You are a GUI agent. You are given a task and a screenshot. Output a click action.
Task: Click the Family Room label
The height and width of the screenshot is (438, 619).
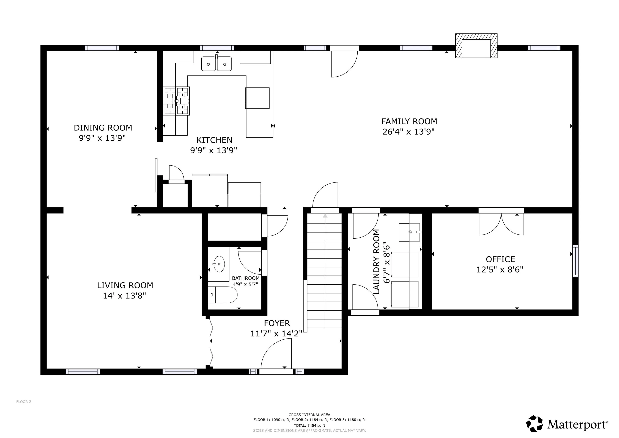(x=409, y=121)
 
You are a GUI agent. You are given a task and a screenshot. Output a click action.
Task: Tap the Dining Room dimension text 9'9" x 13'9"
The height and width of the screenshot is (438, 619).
(x=103, y=138)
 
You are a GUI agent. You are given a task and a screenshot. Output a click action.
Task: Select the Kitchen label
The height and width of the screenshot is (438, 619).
(x=214, y=140)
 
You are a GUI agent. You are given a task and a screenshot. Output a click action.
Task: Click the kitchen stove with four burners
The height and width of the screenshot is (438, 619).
(x=176, y=101)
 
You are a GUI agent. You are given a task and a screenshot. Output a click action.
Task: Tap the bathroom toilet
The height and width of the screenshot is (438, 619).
(x=223, y=295)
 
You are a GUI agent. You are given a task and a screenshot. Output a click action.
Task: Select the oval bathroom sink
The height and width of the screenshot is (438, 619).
(x=219, y=264)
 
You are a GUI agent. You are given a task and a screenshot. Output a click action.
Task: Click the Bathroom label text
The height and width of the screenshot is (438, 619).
(x=246, y=278)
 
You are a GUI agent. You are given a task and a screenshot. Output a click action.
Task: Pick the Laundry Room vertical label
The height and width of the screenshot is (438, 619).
(x=376, y=261)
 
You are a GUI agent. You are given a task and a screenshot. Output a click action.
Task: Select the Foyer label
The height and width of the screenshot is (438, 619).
(x=277, y=323)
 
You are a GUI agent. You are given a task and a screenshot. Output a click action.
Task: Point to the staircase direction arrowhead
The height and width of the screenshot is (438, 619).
(x=325, y=215)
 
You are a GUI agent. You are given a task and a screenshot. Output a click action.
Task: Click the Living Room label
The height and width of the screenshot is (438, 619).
(x=125, y=285)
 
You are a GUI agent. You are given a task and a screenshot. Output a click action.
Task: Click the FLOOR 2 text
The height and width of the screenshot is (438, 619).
(x=24, y=402)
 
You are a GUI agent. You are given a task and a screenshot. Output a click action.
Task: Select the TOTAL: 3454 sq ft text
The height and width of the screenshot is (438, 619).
(x=309, y=426)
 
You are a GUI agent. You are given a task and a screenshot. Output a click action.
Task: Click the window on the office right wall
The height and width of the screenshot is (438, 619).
(x=575, y=261)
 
